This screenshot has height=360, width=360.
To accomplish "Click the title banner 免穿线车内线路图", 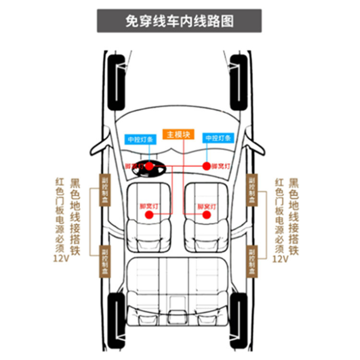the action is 180,21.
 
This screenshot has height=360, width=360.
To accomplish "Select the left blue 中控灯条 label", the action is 140,139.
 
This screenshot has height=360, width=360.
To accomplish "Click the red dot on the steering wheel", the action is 150,166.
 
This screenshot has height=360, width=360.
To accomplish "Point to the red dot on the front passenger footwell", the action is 206,166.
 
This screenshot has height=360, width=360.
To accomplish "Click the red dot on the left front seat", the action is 149,215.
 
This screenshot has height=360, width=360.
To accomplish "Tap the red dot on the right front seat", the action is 206,215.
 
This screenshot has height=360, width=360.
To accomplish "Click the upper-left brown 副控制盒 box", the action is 105,190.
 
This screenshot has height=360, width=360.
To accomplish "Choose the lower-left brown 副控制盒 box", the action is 105,261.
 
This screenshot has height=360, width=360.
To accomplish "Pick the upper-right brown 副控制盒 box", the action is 252,190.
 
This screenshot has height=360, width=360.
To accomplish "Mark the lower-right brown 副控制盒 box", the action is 252,261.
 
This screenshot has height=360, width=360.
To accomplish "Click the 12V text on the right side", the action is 280,259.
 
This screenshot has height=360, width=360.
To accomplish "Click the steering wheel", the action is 149,168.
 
